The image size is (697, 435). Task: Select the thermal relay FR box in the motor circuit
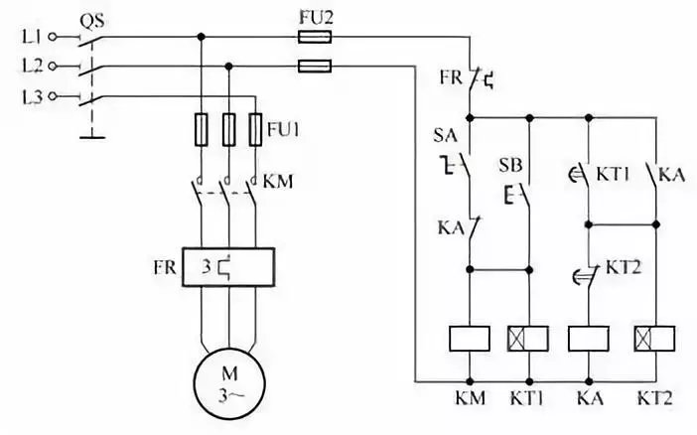[228, 269]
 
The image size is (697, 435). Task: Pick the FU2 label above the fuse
[316, 15]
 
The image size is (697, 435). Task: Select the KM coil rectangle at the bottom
[468, 339]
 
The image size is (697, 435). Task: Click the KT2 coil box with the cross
[653, 339]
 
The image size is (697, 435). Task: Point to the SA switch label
[443, 133]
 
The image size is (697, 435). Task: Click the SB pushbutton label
[509, 163]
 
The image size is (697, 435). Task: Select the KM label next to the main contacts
[277, 182]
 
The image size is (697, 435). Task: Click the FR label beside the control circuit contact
[449, 75]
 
